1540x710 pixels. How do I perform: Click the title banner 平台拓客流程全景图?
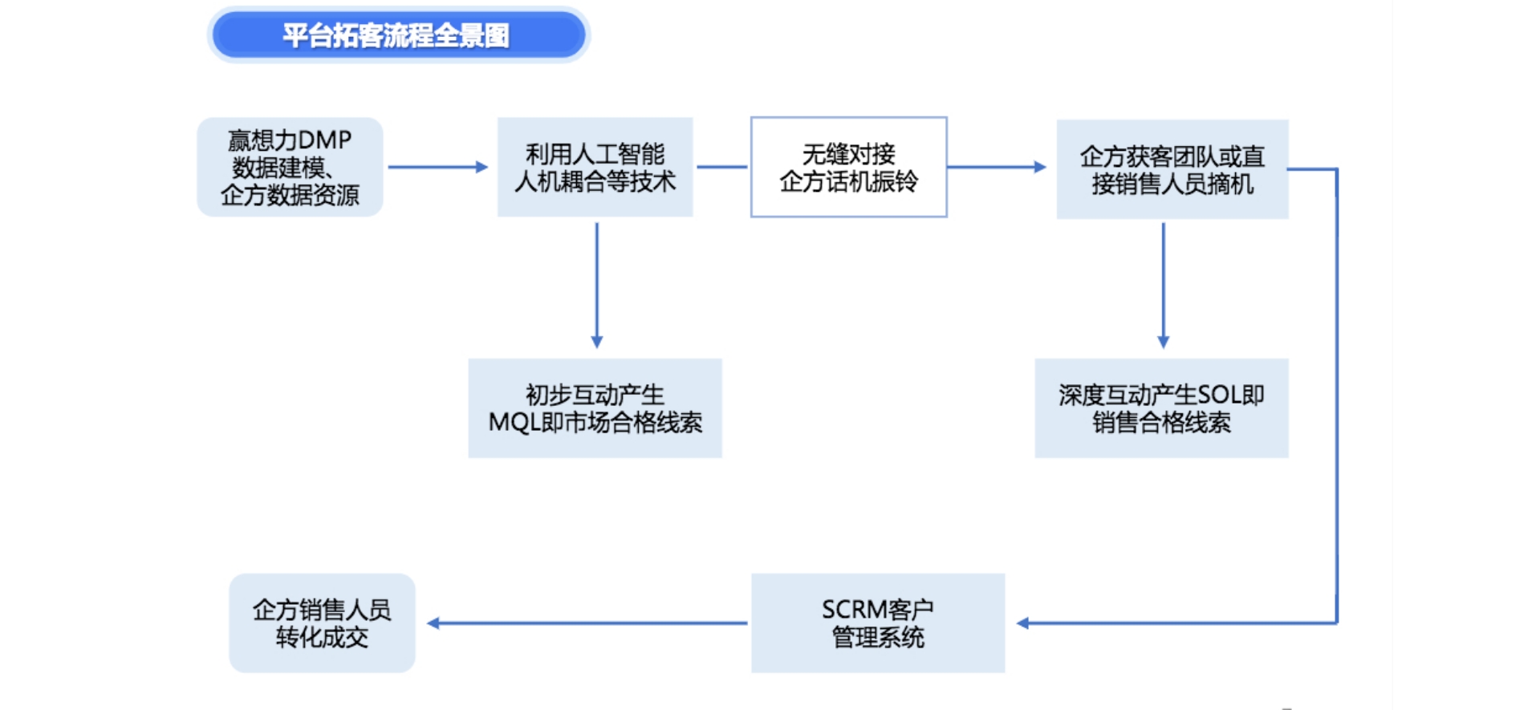[x=398, y=35]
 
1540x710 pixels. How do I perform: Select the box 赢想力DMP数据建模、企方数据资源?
[x=290, y=167]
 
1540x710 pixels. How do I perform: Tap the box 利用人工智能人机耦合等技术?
[x=595, y=167]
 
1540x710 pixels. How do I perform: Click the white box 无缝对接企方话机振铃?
[x=848, y=167]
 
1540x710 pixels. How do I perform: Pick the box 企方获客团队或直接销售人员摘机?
[x=1172, y=169]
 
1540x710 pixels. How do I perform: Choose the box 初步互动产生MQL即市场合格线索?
[x=595, y=408]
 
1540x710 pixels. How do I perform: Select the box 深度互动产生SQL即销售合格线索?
[x=1161, y=408]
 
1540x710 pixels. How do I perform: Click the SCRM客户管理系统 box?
[x=878, y=623]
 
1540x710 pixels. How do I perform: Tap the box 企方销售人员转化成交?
[x=322, y=623]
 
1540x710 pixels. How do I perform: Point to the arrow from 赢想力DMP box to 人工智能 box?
[x=438, y=167]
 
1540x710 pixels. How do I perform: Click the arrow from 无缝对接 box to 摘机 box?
[x=997, y=167]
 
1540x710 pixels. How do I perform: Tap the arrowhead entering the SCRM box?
[x=1022, y=623]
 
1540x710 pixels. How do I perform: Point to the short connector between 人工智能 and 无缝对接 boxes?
[x=721, y=167]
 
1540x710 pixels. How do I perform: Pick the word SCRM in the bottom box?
[x=853, y=610]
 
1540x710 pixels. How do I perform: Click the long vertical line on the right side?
[x=1336, y=393]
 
